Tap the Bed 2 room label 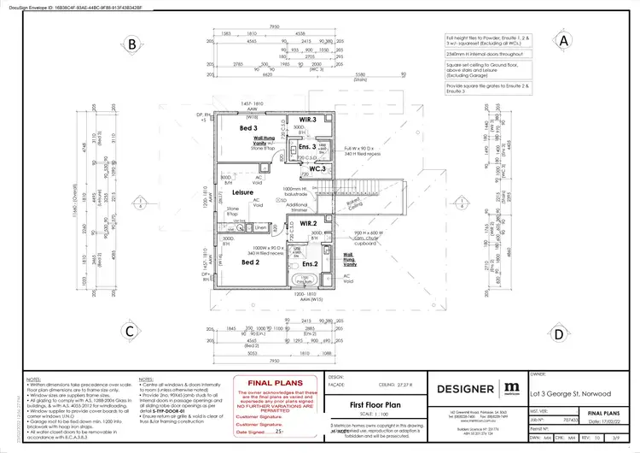click(250, 262)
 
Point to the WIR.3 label click(308, 120)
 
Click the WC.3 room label click(316, 168)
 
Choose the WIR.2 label click(308, 223)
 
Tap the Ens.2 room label click(310, 264)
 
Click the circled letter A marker click(563, 40)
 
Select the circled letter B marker click(132, 44)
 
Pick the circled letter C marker click(130, 331)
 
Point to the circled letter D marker click(557, 334)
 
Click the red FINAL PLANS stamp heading click(270, 384)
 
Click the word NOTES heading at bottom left click(34, 377)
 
